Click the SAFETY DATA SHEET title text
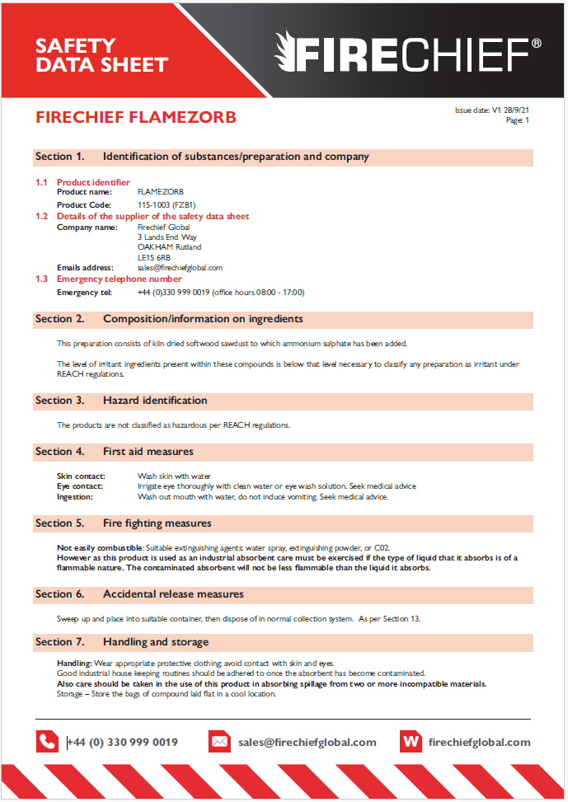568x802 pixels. [x=101, y=55]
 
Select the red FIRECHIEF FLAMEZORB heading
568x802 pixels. [x=136, y=118]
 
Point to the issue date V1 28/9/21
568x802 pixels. [x=491, y=110]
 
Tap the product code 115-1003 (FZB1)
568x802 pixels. [x=167, y=204]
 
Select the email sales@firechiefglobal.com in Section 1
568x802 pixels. [x=180, y=268]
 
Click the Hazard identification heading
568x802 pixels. [x=155, y=401]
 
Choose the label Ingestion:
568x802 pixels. [x=75, y=497]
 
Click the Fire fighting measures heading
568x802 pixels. [x=157, y=523]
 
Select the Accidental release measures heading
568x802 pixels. [x=173, y=594]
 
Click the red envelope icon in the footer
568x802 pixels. [x=219, y=742]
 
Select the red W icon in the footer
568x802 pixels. [x=410, y=742]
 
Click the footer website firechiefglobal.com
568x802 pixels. [x=479, y=742]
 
